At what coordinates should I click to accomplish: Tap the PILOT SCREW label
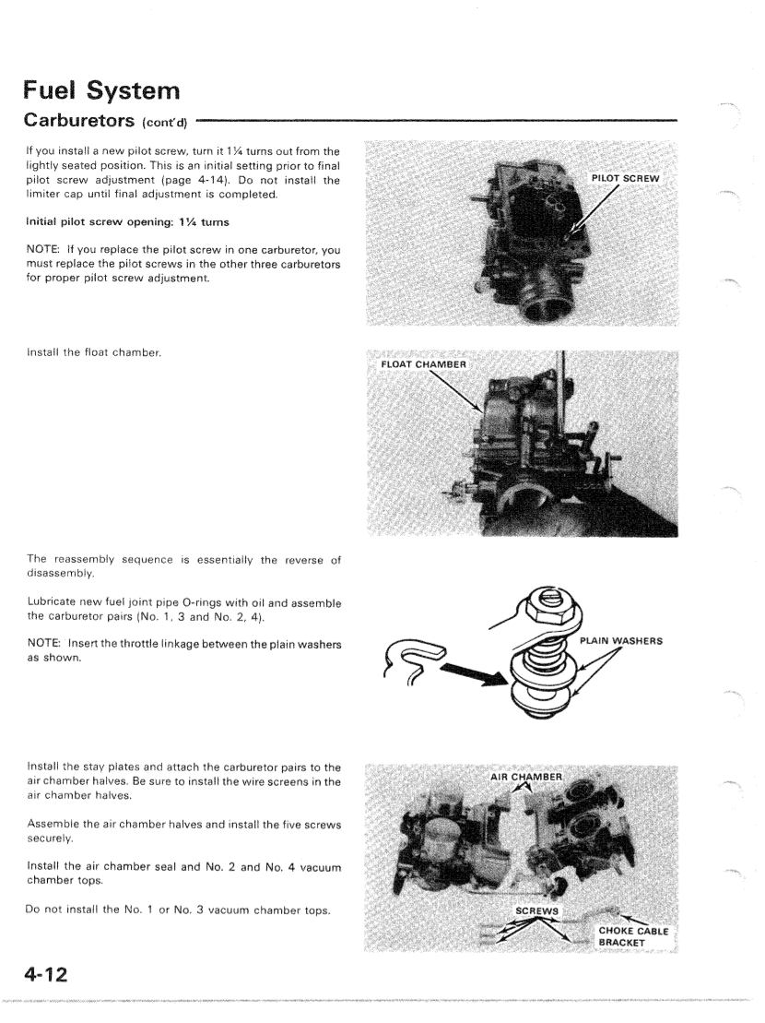click(x=627, y=177)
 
